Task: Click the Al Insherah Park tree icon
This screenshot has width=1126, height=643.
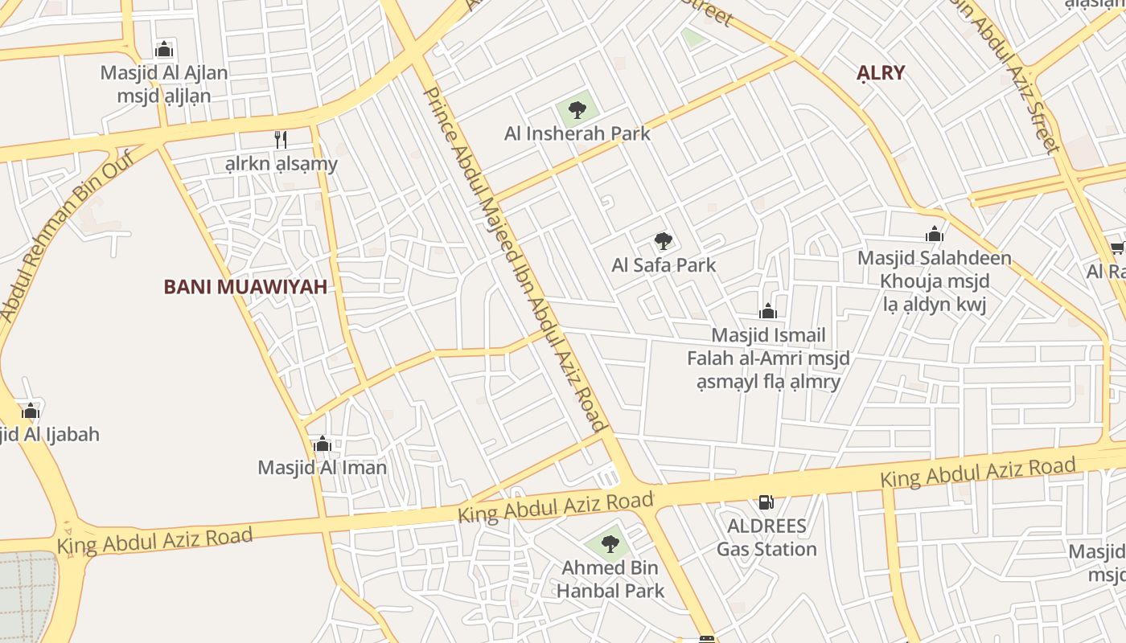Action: pos(577,109)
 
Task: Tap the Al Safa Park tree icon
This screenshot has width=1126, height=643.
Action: pos(663,240)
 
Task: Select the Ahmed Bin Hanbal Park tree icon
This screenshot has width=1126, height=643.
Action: pos(610,544)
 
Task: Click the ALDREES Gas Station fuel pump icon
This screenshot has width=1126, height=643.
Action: pos(766,502)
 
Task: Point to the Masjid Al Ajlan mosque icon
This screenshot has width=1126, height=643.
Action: pos(164,49)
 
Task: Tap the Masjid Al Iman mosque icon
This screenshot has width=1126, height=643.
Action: pos(323,444)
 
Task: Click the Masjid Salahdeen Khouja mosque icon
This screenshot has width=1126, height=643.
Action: pos(934,234)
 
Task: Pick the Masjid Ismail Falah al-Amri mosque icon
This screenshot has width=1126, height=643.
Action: pos(768,311)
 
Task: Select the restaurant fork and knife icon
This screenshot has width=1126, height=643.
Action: pos(281,140)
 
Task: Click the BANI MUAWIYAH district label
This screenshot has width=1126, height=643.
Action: pos(245,287)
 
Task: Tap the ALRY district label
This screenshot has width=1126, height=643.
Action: pos(881,72)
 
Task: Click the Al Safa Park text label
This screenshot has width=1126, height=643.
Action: pos(664,264)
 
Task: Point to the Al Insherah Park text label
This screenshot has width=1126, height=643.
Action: pos(577,133)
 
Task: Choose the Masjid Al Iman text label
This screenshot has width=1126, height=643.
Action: pos(322,467)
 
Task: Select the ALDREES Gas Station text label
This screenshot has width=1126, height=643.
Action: pos(766,538)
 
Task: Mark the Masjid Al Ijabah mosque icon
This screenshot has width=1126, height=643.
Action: pos(31,412)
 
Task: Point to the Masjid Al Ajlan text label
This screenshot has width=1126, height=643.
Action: pos(164,84)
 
